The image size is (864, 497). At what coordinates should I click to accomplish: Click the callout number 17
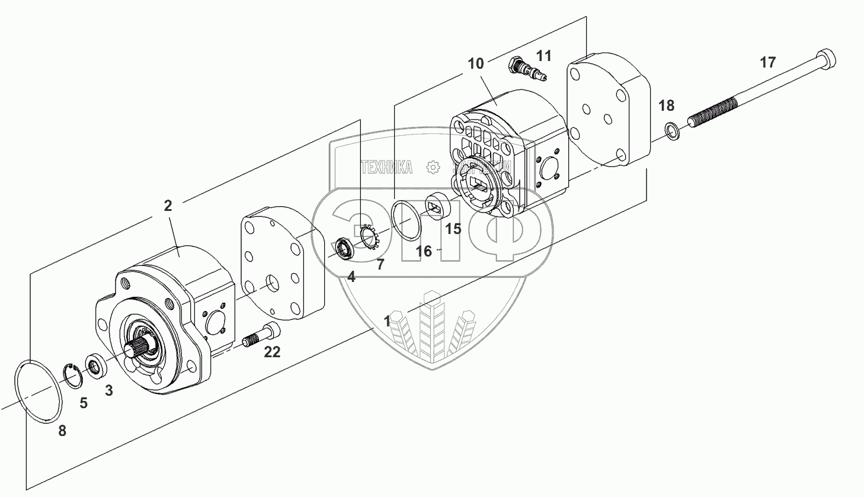click(767, 62)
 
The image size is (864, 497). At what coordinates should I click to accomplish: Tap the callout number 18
click(666, 105)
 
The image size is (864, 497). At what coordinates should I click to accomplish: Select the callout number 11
click(543, 56)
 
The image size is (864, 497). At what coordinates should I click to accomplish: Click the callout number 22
click(272, 352)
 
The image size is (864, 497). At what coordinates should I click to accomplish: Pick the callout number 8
click(62, 431)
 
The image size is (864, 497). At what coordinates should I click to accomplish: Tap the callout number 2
click(168, 206)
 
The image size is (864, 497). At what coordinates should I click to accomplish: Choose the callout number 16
click(424, 251)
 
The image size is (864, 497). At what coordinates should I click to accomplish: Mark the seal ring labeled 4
click(344, 248)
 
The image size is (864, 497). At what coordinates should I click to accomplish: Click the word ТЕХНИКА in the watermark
click(386, 168)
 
